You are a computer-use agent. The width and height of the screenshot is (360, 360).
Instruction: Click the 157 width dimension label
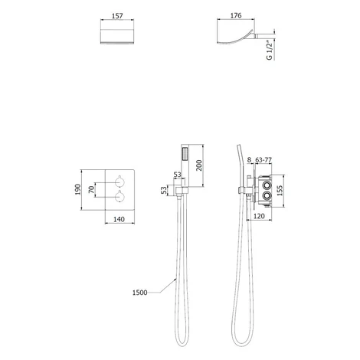click(x=117, y=16)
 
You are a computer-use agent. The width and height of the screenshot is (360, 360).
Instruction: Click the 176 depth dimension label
click(x=236, y=15)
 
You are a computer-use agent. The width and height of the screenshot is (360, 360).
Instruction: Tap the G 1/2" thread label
click(x=270, y=50)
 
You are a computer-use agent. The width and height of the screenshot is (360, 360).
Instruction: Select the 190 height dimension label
click(x=78, y=189)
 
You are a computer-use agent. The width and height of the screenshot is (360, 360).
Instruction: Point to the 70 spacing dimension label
click(x=91, y=189)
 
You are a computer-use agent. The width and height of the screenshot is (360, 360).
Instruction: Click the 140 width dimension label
click(x=119, y=219)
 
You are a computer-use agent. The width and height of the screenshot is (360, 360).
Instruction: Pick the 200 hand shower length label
click(x=199, y=165)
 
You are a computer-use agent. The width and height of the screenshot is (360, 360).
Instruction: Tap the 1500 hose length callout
click(x=140, y=293)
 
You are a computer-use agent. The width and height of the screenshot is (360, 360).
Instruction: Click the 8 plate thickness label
click(x=249, y=160)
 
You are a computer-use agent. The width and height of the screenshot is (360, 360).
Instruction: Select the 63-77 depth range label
click(x=263, y=160)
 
